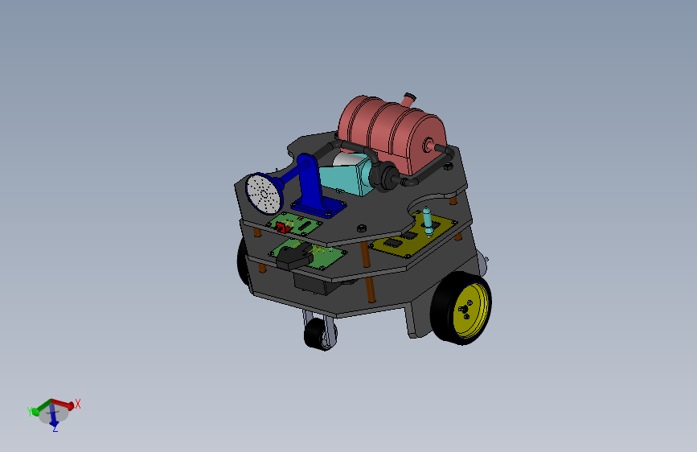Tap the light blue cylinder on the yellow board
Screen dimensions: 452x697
pos(427,218)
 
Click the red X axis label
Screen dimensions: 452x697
pos(78,405)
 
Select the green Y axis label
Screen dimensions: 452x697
pos(30,410)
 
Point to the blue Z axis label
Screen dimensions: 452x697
pos(55,429)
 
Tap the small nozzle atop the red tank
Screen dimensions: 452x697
pos(409,100)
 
